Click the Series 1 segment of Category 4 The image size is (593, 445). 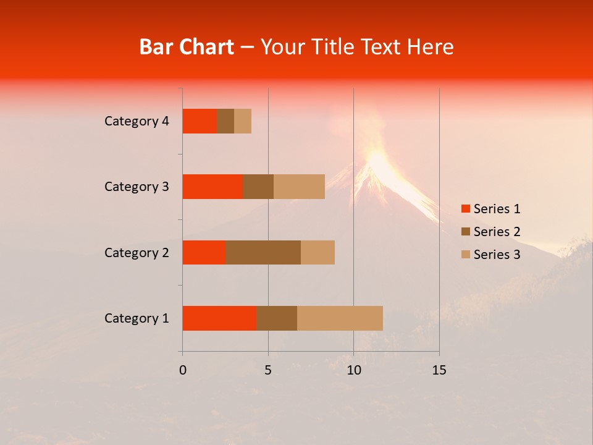[200, 121]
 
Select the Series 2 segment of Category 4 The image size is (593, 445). [225, 121]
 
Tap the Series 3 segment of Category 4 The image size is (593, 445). [243, 121]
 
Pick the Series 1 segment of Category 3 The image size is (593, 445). [212, 187]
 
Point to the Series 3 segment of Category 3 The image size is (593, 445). [299, 187]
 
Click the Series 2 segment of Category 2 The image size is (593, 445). [263, 252]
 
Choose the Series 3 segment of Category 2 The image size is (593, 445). [318, 252]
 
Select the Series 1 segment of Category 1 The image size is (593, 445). [219, 318]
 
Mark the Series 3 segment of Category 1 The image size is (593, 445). [340, 318]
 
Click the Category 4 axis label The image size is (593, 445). [137, 121]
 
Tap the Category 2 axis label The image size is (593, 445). [137, 252]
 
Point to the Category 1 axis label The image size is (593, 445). [137, 318]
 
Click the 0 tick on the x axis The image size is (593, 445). [183, 370]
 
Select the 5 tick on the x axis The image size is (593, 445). [268, 370]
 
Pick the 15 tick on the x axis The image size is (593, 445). [439, 370]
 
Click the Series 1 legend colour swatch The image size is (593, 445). [465, 209]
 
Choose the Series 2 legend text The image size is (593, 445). [497, 232]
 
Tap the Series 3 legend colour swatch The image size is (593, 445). [465, 255]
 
